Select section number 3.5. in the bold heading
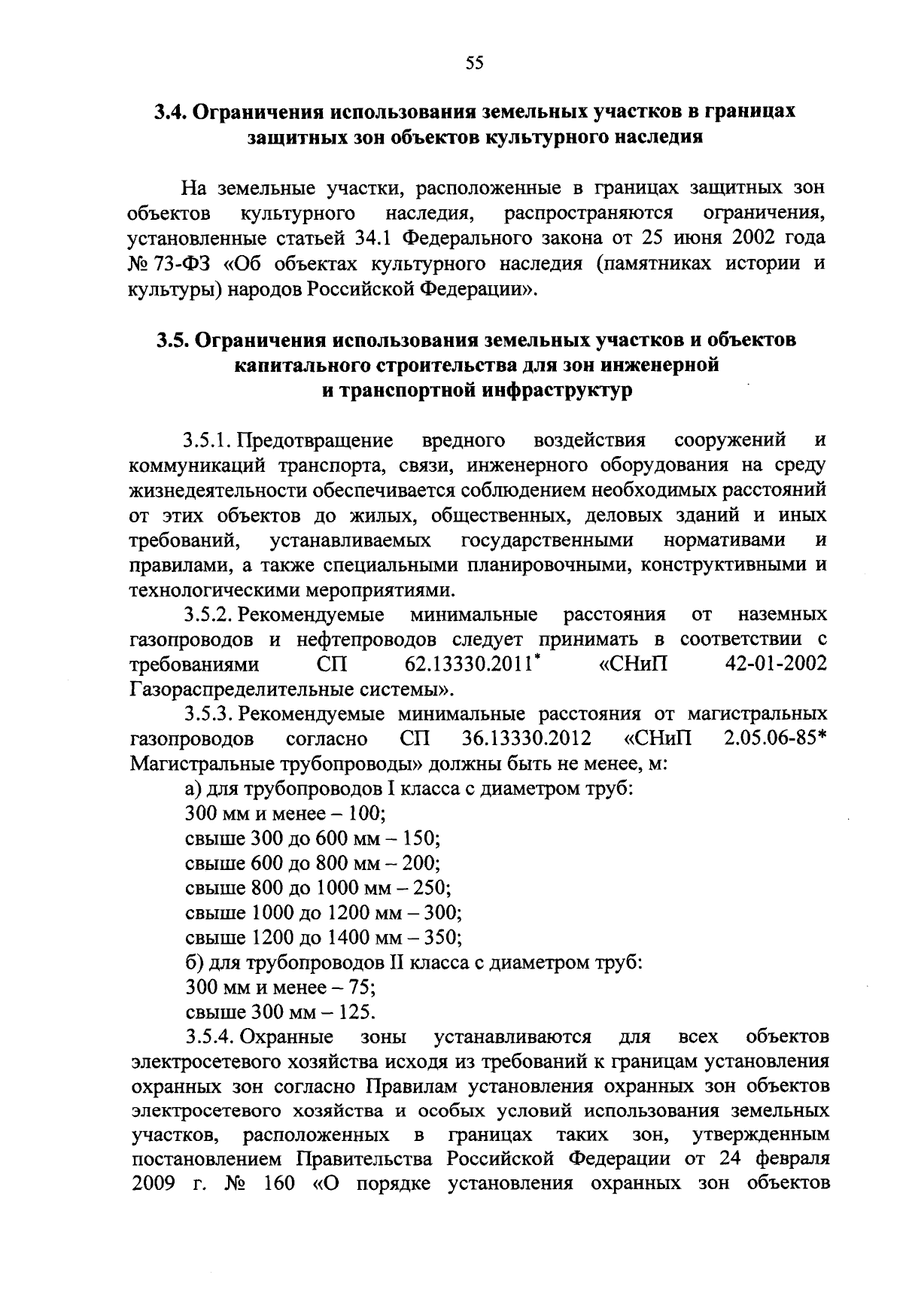click(x=172, y=340)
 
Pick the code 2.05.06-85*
click(x=775, y=739)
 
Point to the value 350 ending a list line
click(x=439, y=938)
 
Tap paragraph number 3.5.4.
click(x=210, y=1037)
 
